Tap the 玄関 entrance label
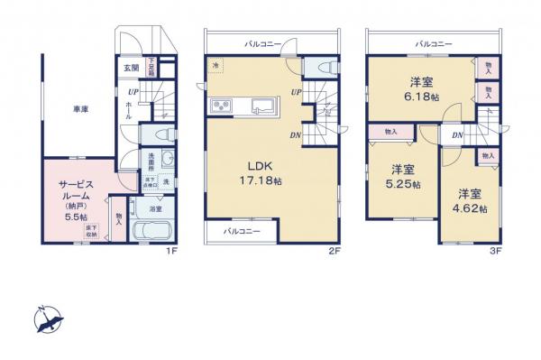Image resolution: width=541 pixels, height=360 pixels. (131, 68)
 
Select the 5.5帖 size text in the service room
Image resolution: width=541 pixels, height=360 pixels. (76, 217)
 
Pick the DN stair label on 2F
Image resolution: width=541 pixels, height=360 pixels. (295, 136)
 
